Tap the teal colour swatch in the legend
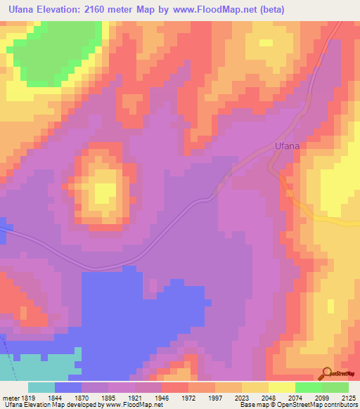[41, 387]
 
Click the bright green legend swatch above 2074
[308, 387]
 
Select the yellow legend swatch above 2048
[255, 387]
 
